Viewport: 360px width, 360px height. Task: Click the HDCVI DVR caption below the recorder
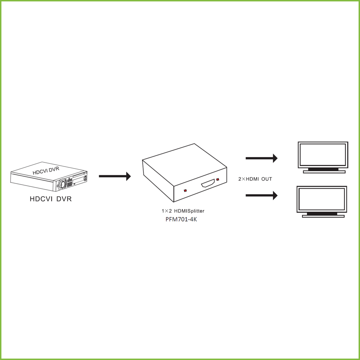click(x=51, y=199)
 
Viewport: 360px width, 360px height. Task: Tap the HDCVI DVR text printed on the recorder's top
click(x=46, y=171)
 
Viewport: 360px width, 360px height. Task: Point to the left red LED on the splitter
click(x=185, y=191)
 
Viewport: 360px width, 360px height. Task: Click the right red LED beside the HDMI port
click(x=218, y=180)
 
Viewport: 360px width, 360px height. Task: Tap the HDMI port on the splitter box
click(x=208, y=184)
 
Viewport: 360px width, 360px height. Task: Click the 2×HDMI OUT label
click(x=255, y=179)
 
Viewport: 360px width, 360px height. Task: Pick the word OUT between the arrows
click(x=266, y=179)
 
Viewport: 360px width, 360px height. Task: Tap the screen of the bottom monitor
click(x=322, y=199)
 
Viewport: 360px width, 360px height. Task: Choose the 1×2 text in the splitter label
click(x=167, y=211)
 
